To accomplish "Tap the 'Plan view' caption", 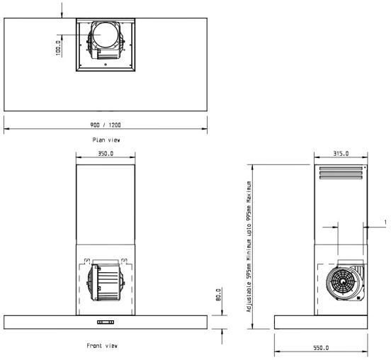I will click(x=106, y=140).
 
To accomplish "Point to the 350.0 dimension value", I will click(x=105, y=153).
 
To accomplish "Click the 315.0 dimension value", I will click(x=341, y=153).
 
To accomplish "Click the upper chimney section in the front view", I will click(x=105, y=206).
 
